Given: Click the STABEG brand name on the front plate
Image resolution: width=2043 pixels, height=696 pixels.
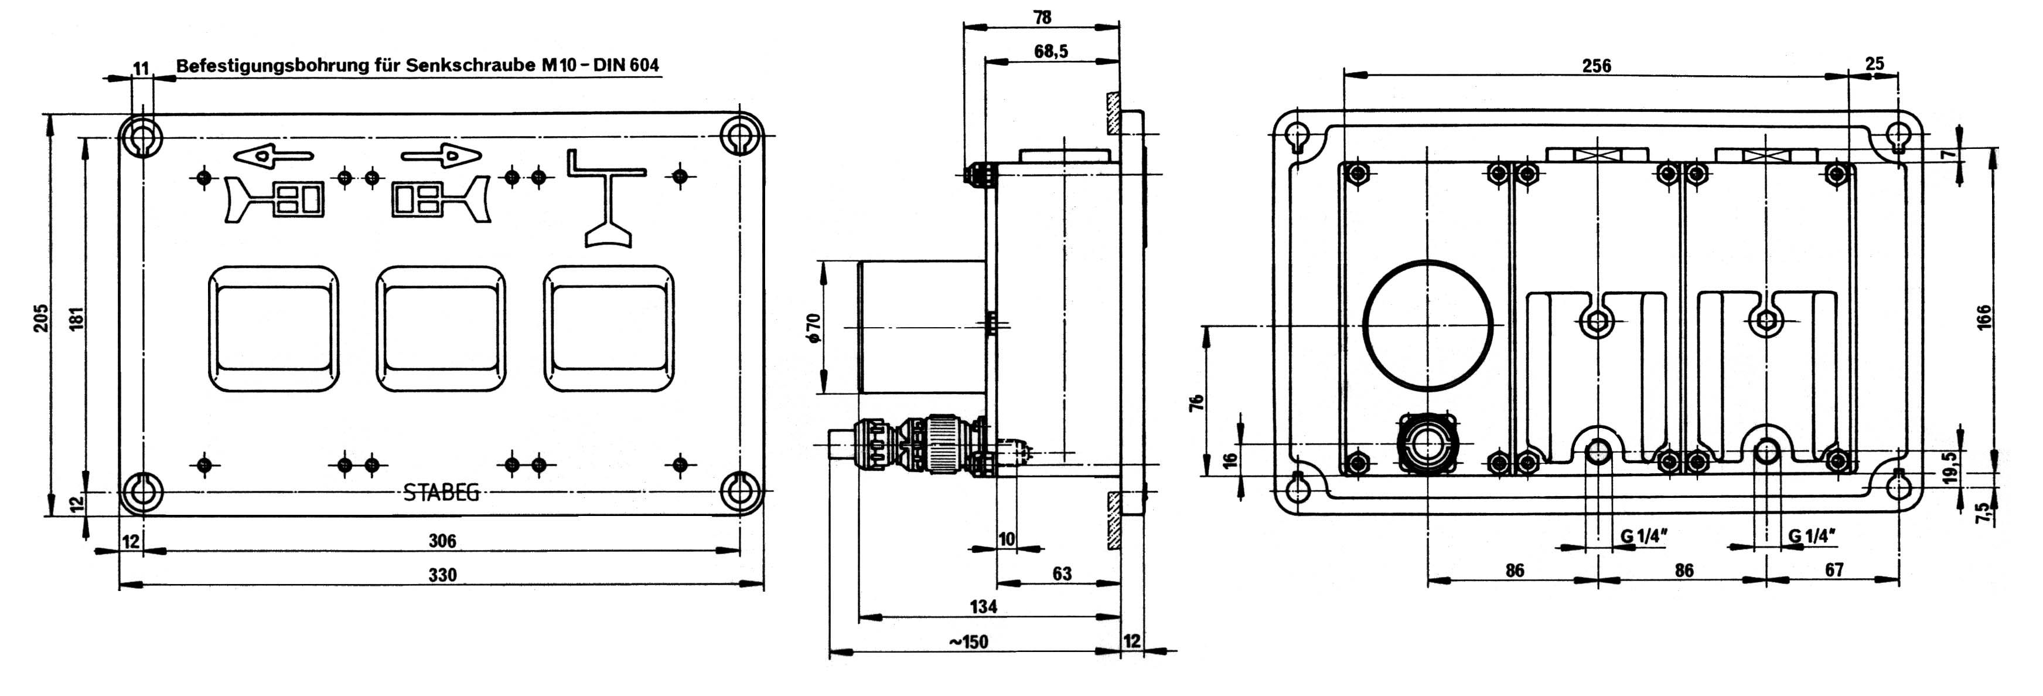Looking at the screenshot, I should (x=442, y=493).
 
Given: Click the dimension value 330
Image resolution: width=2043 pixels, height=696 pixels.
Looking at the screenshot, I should (x=442, y=575).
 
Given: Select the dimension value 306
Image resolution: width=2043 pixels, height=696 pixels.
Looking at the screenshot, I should (x=442, y=541).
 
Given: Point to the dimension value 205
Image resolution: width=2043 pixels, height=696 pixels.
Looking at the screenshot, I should (x=40, y=317).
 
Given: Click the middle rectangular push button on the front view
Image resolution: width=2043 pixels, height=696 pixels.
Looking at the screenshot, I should (x=441, y=328).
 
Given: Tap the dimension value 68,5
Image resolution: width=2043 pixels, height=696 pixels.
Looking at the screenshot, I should (x=1051, y=52).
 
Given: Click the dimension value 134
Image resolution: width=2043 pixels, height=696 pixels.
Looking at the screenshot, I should (x=984, y=606).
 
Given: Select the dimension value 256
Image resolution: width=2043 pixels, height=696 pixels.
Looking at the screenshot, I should (x=1597, y=66).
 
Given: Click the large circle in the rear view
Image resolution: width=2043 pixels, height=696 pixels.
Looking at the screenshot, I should (x=1428, y=325).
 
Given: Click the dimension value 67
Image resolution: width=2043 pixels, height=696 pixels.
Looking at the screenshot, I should (x=1834, y=570).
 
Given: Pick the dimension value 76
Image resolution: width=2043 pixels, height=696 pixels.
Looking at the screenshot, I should (x=1197, y=402).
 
